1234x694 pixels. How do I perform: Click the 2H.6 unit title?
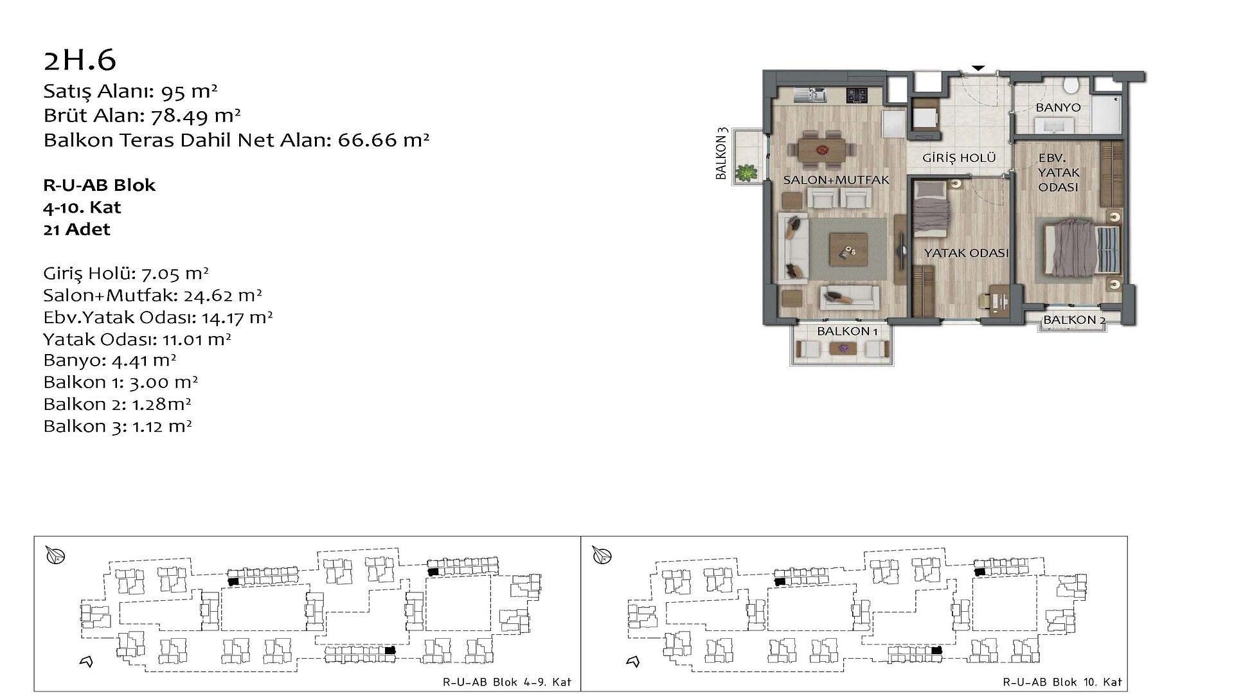click(x=80, y=60)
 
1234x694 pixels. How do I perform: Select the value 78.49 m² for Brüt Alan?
click(x=195, y=116)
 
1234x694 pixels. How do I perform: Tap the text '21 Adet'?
click(x=76, y=229)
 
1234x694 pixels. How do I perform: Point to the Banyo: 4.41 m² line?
click(x=110, y=360)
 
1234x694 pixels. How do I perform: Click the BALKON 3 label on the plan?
click(x=722, y=154)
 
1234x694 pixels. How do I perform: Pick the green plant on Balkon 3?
click(x=746, y=172)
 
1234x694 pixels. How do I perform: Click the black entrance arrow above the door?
click(x=978, y=67)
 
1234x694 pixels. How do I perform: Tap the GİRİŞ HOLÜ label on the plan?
click(x=959, y=157)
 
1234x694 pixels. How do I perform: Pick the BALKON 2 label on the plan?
click(x=1074, y=320)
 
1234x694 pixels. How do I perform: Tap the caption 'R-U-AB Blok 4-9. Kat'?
click(x=507, y=682)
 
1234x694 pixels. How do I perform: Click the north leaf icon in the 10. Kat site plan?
click(x=602, y=555)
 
